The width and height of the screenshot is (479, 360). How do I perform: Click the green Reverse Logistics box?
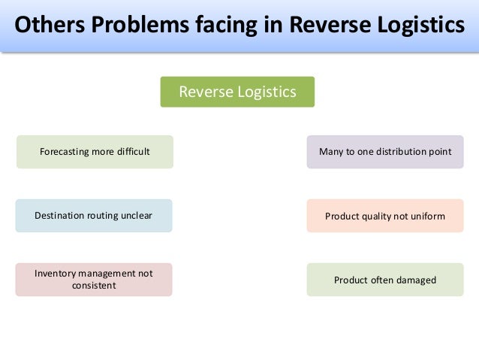point(237,92)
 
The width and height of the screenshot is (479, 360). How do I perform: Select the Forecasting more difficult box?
point(95,152)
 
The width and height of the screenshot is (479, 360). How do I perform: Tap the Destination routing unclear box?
point(94,216)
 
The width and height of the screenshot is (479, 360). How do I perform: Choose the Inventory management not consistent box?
point(94,280)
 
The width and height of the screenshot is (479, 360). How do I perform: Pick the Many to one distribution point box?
point(385,152)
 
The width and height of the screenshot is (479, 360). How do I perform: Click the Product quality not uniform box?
point(385,216)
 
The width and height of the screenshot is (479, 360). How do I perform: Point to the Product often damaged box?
point(385,280)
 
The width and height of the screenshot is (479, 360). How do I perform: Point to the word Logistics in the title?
point(420,26)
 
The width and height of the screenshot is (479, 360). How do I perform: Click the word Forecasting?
point(65,152)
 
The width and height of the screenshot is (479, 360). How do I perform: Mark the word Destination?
point(61,216)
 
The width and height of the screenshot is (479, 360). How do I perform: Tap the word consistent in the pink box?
point(94,286)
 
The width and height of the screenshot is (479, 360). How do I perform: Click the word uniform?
point(428,216)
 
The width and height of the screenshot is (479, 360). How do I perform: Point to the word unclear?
point(136,216)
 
